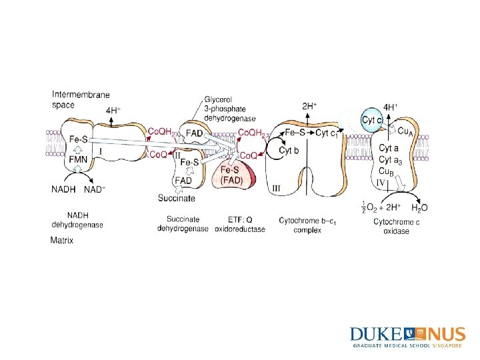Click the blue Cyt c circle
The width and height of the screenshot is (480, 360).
pos(372,120)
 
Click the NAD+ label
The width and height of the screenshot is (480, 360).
pos(95,189)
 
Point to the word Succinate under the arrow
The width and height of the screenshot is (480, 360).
pos(177,198)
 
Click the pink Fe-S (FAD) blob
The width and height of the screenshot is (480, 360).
pos(232,175)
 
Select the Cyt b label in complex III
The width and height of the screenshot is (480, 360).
pos(289,151)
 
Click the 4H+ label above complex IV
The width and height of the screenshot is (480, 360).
pos(391,107)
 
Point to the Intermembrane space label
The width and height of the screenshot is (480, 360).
pos(81,99)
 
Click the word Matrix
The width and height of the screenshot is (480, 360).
pos(62,241)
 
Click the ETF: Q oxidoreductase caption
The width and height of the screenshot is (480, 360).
pos(239,224)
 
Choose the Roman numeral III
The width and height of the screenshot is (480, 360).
pos(277,189)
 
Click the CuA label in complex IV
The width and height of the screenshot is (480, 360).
pos(405,131)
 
